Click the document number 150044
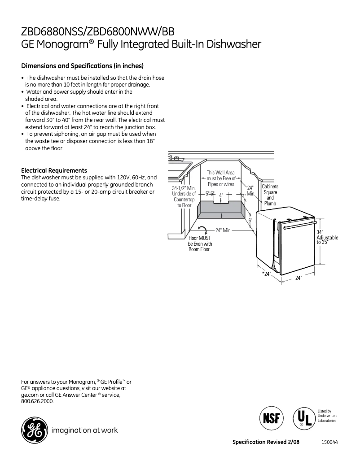tap(329, 442)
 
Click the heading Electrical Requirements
tap(54, 170)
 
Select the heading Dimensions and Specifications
tap(82, 66)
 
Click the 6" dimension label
tap(251, 220)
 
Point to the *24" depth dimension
tap(267, 273)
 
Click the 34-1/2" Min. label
tap(184, 188)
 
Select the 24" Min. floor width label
tap(223, 230)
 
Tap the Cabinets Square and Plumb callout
tap(270, 195)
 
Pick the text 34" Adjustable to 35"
tap(327, 237)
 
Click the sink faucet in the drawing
tap(176, 158)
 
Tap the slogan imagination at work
tap(85, 430)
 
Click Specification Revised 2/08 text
tap(266, 442)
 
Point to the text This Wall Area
tap(220, 172)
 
